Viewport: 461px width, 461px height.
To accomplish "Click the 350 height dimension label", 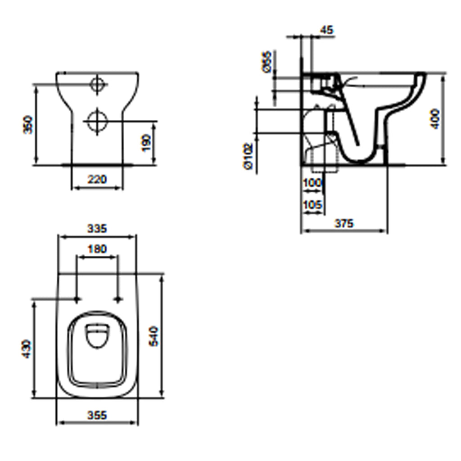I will [28, 125].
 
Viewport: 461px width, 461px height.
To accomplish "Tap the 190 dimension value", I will [147, 143].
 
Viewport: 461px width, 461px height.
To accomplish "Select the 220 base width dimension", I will [97, 179].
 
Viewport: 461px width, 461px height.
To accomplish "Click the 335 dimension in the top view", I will [97, 228].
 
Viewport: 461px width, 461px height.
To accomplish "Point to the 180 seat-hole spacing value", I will [97, 249].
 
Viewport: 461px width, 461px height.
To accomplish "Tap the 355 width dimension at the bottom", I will [97, 415].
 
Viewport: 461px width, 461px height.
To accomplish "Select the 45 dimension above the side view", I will [327, 30].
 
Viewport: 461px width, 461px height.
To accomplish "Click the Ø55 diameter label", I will [267, 62].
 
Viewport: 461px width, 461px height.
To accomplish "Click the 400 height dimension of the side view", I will [435, 118].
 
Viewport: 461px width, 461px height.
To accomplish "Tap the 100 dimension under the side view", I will [312, 183].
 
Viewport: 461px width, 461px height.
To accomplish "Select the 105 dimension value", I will [312, 205].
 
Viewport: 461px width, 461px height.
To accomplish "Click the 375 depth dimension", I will [344, 223].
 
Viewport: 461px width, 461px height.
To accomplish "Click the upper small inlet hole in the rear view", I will [97, 84].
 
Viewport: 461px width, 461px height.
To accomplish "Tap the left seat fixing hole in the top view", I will [77, 299].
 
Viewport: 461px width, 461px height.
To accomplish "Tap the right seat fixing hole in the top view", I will [119, 299].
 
